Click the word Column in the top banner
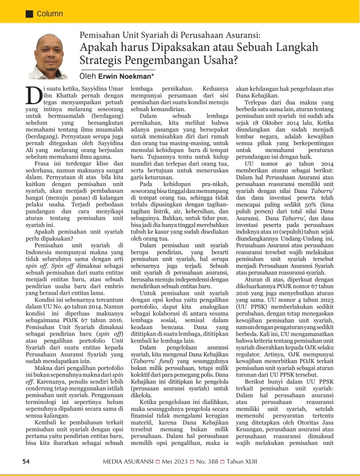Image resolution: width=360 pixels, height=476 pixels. [50, 14]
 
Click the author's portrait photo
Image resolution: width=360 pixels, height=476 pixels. [47, 56]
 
